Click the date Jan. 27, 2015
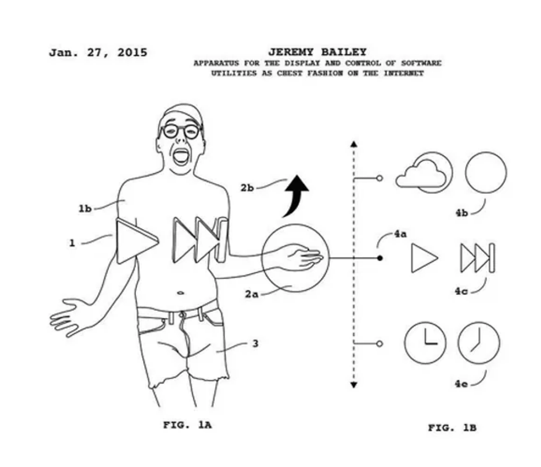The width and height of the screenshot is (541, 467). [x=98, y=53]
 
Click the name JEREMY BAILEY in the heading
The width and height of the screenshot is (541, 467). [x=317, y=52]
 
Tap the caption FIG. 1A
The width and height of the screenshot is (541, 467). [x=187, y=424]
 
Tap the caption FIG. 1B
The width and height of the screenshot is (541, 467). [x=452, y=428]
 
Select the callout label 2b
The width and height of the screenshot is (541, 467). [x=247, y=188]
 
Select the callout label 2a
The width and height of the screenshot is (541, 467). [x=252, y=294]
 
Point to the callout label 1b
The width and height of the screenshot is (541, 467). [x=85, y=209]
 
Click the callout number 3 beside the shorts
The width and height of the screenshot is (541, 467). [x=255, y=343]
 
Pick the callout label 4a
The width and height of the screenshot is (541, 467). [x=400, y=234]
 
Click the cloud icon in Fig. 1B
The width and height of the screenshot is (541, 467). [x=421, y=174]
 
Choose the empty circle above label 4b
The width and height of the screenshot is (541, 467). [x=486, y=172]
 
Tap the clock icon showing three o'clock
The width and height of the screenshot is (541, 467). [x=425, y=343]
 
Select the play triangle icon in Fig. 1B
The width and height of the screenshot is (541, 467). [x=425, y=258]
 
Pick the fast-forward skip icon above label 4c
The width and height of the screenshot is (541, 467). [x=478, y=258]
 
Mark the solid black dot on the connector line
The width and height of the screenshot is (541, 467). [x=380, y=258]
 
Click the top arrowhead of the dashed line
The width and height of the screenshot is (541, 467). [x=354, y=144]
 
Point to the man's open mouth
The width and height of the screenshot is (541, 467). [x=181, y=157]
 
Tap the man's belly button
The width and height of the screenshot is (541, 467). [x=181, y=293]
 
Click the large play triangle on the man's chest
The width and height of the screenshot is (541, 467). [x=136, y=241]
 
